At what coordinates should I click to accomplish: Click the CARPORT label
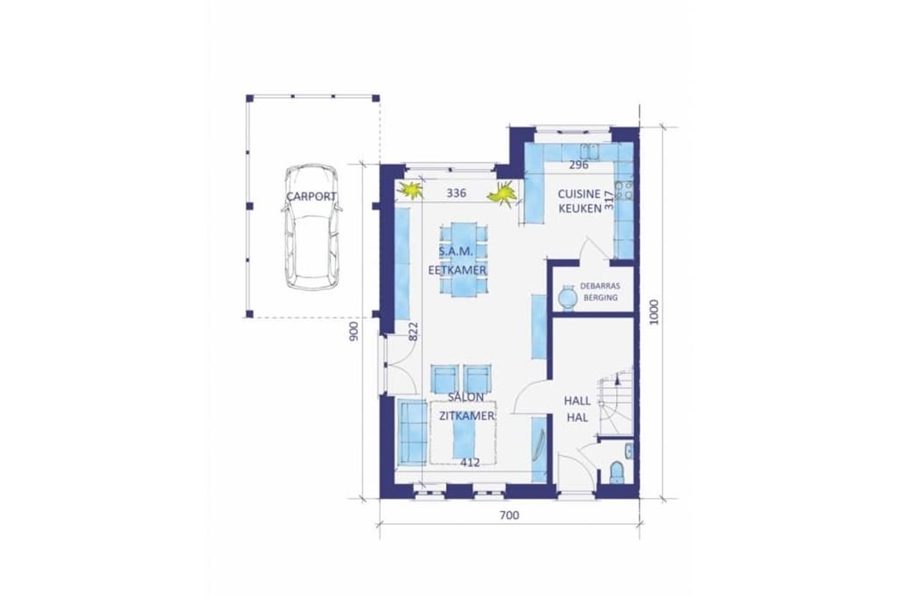tap(311, 197)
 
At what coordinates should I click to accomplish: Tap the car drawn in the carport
tap(312, 226)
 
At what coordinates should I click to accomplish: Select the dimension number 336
tap(457, 193)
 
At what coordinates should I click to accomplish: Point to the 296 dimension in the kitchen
tap(579, 164)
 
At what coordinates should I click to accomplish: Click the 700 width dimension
tap(509, 515)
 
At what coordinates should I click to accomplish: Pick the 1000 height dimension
tap(653, 312)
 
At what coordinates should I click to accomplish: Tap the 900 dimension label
tap(354, 331)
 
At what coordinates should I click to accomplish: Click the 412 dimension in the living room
tap(469, 463)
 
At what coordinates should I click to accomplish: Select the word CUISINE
tap(579, 194)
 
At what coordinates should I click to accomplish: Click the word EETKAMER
tap(457, 271)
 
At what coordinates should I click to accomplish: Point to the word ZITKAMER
tap(466, 416)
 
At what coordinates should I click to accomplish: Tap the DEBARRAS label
tap(599, 286)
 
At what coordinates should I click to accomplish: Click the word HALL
tap(577, 401)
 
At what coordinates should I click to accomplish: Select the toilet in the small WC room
tap(617, 472)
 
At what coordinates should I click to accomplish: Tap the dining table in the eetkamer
tap(463, 259)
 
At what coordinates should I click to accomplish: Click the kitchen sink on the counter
tap(590, 152)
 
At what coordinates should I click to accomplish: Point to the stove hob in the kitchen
tap(624, 191)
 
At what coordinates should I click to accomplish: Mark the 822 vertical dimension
tap(413, 332)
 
